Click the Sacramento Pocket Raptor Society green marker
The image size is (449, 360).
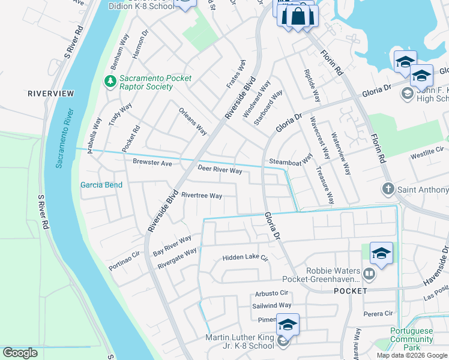(x=110, y=80)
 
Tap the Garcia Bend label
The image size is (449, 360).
(x=101, y=185)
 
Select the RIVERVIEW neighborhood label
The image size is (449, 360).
(x=50, y=94)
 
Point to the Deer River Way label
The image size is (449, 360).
(x=220, y=171)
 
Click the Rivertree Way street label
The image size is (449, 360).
(x=202, y=196)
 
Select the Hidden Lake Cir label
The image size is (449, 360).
(x=244, y=257)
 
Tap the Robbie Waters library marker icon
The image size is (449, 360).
(x=369, y=274)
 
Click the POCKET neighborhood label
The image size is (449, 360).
(x=350, y=290)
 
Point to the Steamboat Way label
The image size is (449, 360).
(x=291, y=161)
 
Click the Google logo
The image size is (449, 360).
(x=20, y=353)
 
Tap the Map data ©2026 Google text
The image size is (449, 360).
(x=412, y=355)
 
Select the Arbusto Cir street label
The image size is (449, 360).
(x=272, y=293)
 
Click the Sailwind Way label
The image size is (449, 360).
(x=272, y=305)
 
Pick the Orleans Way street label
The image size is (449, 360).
(x=193, y=122)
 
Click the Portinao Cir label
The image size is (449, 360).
(x=124, y=261)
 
